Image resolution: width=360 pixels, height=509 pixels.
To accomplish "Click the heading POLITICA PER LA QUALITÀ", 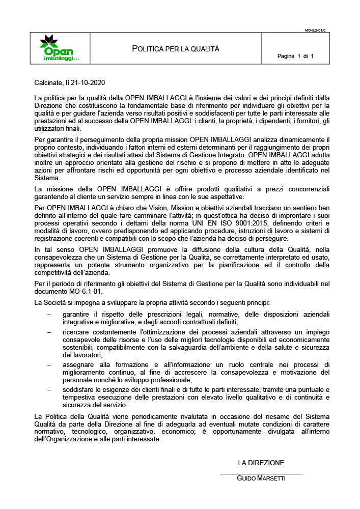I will (x=176, y=49).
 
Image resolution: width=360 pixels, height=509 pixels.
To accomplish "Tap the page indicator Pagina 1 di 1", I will (x=295, y=56).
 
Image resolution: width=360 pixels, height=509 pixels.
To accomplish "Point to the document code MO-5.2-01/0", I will (x=315, y=31).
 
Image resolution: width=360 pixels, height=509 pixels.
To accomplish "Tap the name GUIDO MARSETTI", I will (x=261, y=478).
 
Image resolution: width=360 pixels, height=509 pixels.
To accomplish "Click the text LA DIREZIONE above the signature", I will (x=261, y=463).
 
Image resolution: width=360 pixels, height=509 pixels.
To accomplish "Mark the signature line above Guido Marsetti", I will (x=261, y=474).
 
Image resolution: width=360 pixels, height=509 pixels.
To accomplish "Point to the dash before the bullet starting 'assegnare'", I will (x=49, y=364).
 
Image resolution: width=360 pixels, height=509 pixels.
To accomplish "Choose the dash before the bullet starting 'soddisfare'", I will (x=49, y=389).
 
